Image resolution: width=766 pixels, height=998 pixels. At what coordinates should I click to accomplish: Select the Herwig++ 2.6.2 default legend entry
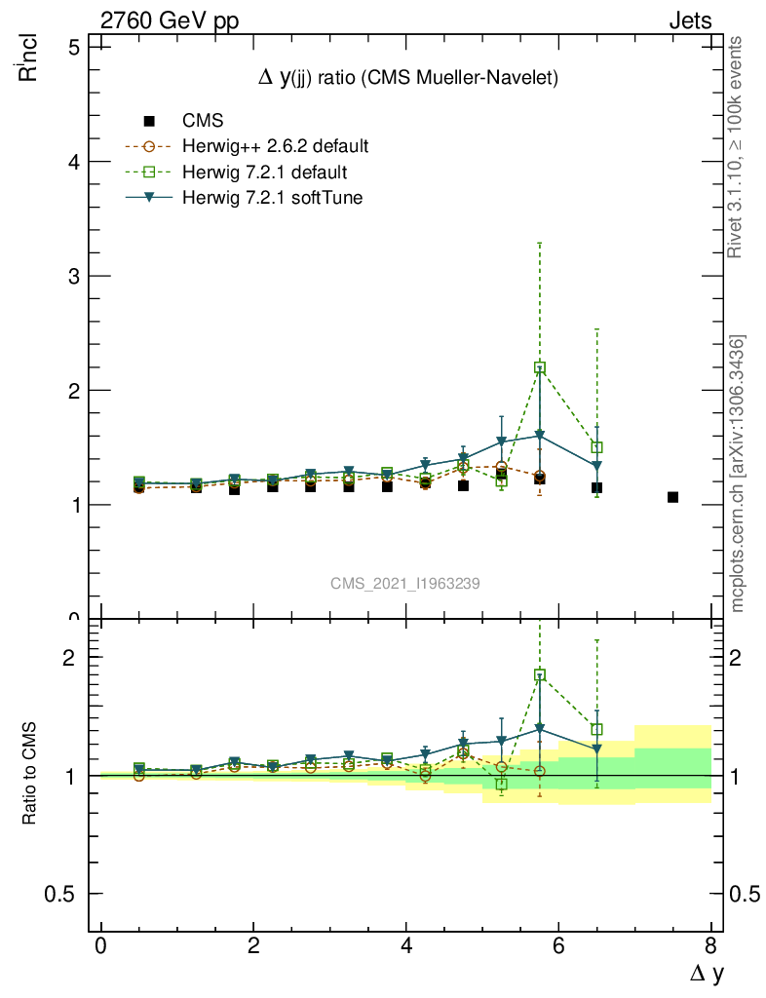[x=275, y=147]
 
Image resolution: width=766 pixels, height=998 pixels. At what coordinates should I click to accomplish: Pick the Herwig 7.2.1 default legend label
[x=264, y=173]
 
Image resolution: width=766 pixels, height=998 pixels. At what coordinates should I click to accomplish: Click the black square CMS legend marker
[x=149, y=121]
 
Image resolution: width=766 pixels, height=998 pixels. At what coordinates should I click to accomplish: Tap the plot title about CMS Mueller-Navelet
[x=407, y=79]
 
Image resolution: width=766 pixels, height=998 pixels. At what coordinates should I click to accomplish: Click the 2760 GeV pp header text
[x=170, y=21]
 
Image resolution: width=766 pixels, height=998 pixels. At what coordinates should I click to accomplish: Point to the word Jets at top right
[x=689, y=21]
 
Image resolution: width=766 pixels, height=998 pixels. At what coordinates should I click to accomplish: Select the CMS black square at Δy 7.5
[x=672, y=497]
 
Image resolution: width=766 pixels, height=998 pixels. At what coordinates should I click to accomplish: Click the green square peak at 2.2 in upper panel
[x=540, y=367]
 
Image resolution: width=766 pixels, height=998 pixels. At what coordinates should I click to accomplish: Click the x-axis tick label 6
[x=558, y=946]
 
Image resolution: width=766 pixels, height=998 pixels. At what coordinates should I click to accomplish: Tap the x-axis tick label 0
[x=101, y=946]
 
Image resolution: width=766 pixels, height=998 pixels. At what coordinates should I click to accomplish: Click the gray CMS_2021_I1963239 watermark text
[x=404, y=583]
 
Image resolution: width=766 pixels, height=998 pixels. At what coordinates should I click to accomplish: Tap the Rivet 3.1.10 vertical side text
[x=736, y=147]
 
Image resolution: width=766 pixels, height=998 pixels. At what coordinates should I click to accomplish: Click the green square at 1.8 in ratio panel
[x=540, y=674]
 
